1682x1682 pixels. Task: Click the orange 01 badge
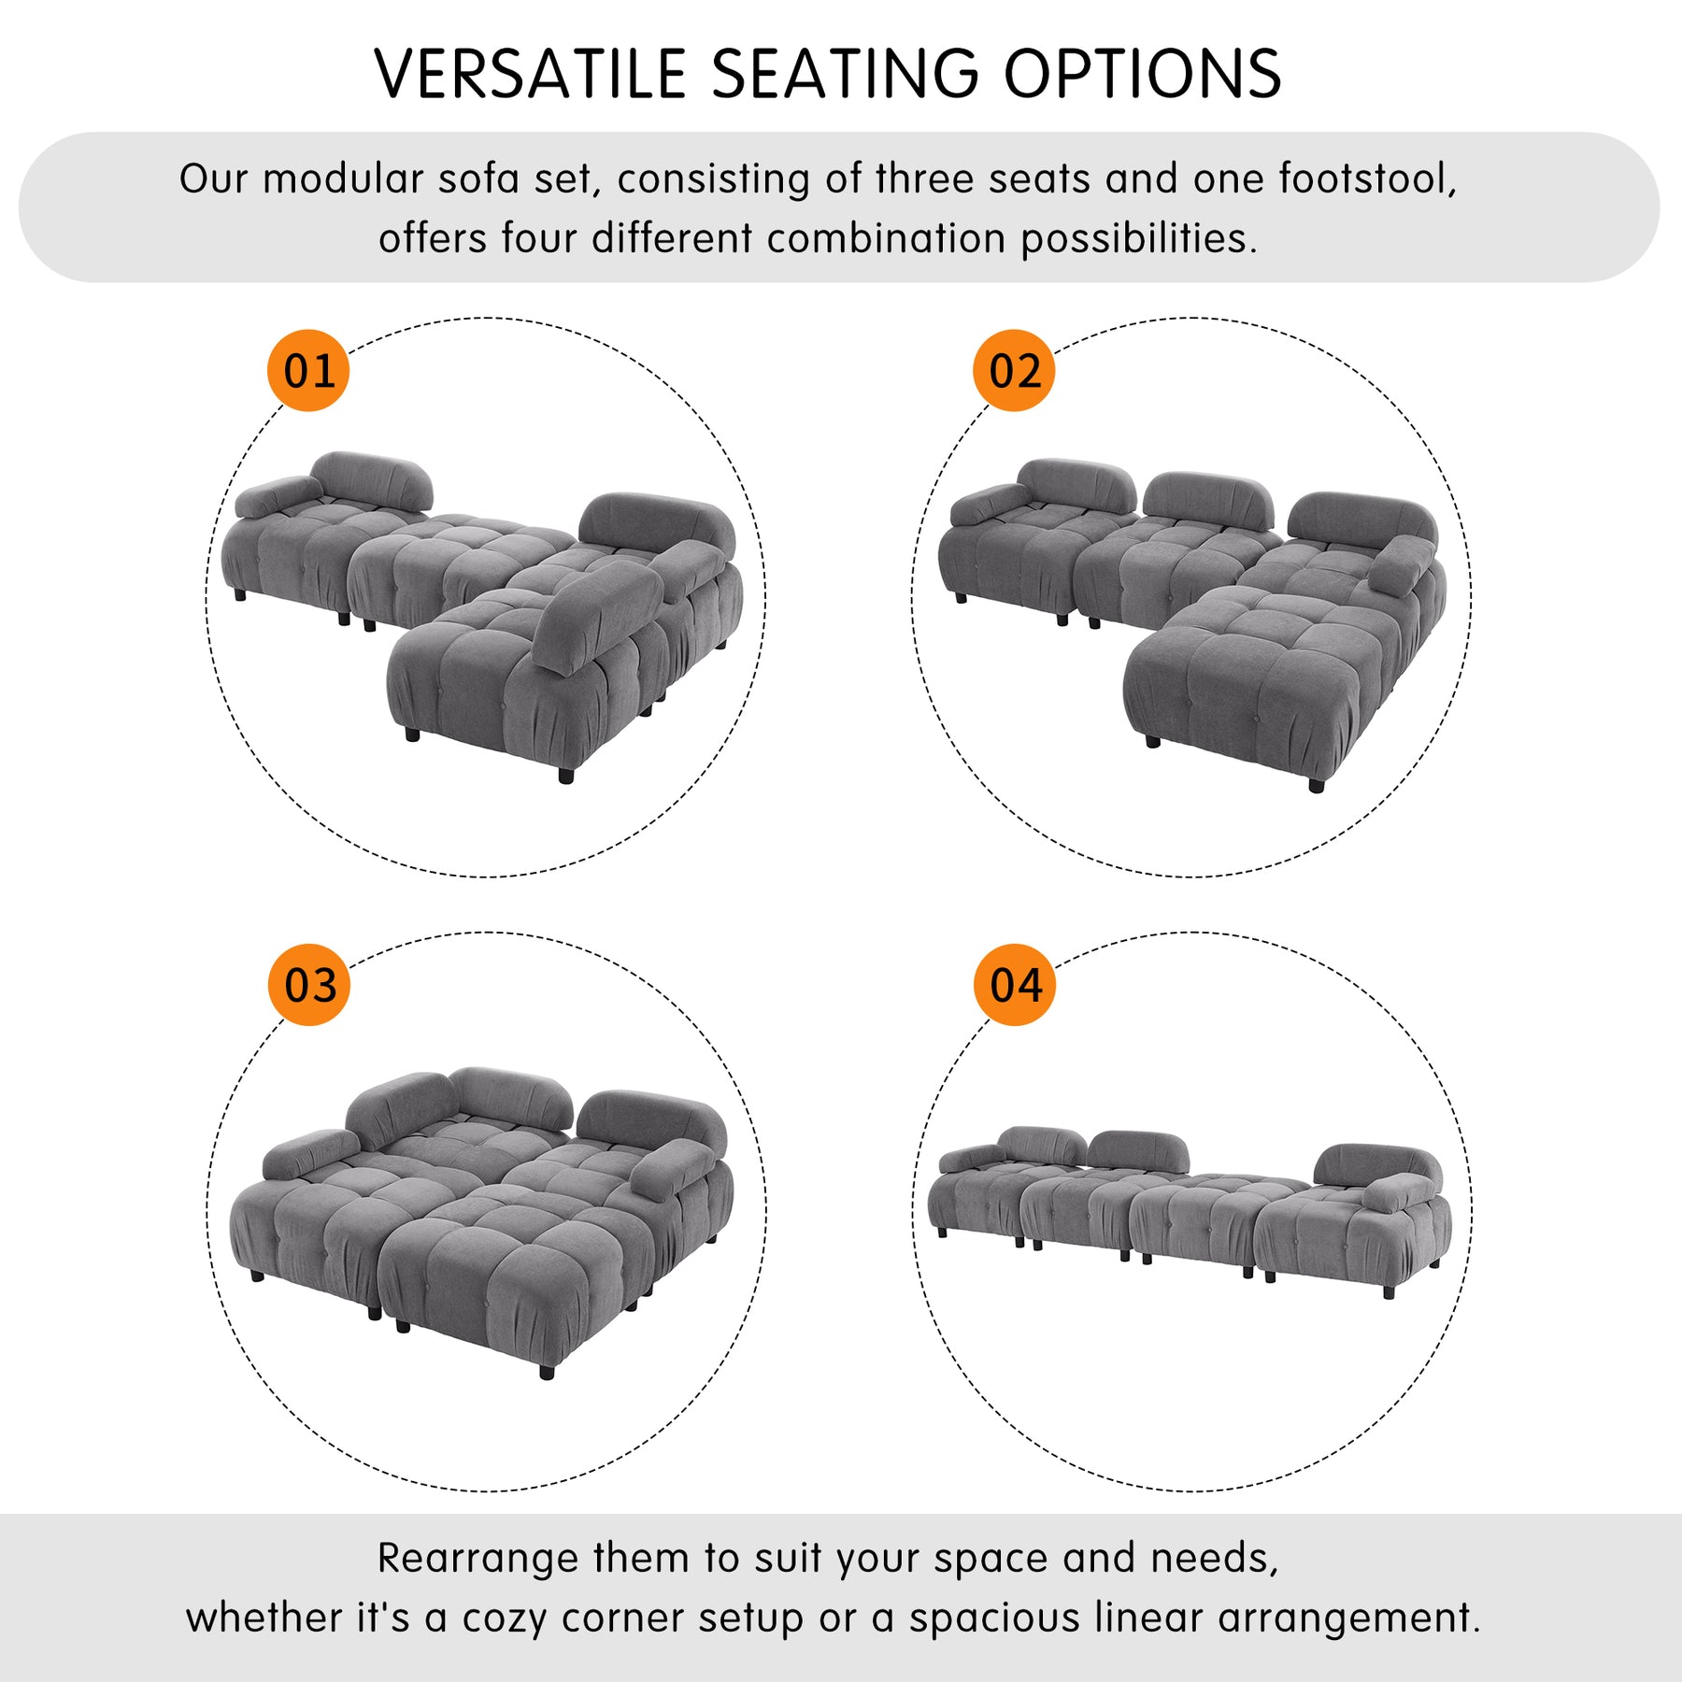coord(308,371)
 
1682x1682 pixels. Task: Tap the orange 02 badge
coord(1014,371)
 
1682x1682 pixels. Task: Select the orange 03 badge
coord(309,985)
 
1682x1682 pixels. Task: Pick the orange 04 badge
coord(1015,985)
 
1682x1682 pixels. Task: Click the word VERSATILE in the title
coord(531,74)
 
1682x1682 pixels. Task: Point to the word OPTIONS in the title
coord(1142,74)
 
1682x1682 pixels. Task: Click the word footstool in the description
coord(1368,178)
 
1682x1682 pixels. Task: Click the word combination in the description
coord(886,238)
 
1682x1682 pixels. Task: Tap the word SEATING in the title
coord(845,74)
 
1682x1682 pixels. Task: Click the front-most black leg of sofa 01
coord(565,774)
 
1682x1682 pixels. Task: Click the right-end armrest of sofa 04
coord(1399,1192)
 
